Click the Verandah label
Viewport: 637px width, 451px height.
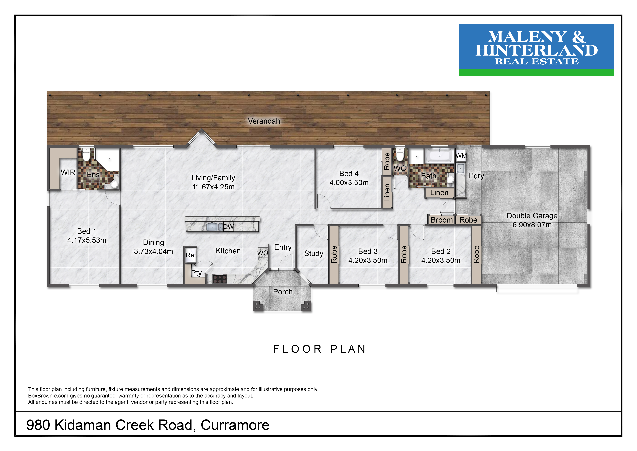coord(264,121)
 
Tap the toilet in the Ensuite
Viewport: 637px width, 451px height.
coord(86,155)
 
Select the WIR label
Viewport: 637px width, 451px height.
coord(68,173)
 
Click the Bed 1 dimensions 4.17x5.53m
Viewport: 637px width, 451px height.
coord(87,240)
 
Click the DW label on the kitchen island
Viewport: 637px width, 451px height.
coord(228,227)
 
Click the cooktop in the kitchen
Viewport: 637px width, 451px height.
coord(220,279)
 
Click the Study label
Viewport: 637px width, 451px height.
coord(314,254)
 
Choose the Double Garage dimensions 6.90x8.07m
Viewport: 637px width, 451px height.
coord(532,225)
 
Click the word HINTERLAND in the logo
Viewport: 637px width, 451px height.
coord(537,50)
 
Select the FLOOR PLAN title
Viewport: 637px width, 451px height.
coord(319,349)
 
